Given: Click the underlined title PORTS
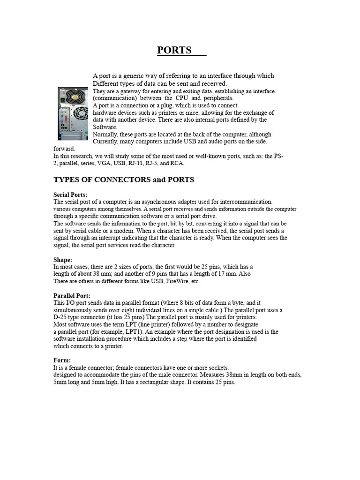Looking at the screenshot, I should [x=174, y=50].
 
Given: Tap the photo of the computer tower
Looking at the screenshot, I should [x=73, y=113].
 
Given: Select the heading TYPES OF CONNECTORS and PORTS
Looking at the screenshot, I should [x=124, y=180].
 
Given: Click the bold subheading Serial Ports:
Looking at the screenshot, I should [x=70, y=195].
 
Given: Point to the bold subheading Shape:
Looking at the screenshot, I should [x=63, y=260].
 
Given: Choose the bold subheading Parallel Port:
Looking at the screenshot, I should [x=72, y=296].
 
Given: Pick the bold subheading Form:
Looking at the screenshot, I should [x=62, y=360].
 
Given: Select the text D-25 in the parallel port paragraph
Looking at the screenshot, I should [x=61, y=317].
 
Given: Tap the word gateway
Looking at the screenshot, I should [x=127, y=91].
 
